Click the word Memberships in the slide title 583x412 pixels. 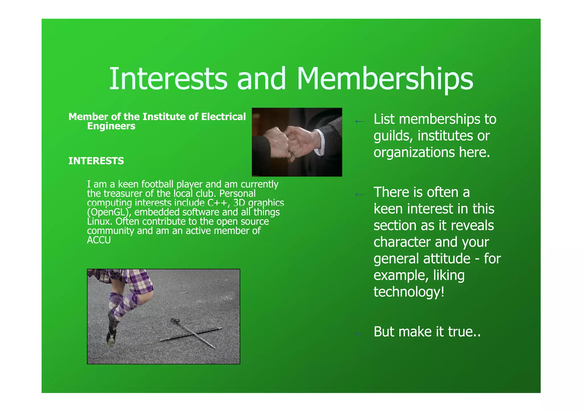(x=385, y=79)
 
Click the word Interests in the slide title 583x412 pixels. (x=168, y=79)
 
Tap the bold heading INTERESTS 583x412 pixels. (x=96, y=161)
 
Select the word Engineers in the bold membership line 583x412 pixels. (x=111, y=126)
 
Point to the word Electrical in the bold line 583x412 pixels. (x=223, y=117)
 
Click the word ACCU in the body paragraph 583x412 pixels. (x=99, y=240)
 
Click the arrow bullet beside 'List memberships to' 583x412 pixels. (x=360, y=122)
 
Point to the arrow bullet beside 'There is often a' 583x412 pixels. (x=360, y=195)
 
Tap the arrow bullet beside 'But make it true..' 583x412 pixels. (x=360, y=334)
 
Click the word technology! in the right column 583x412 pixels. (x=409, y=292)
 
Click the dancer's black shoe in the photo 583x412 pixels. (x=111, y=337)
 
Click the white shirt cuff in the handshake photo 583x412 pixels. (x=322, y=142)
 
